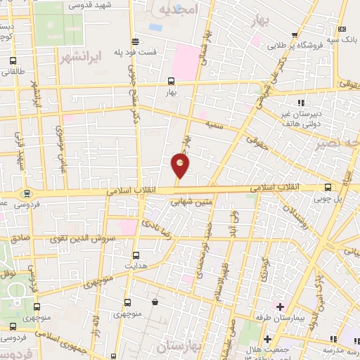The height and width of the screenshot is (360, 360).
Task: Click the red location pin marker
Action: pyautogui.click(x=181, y=165)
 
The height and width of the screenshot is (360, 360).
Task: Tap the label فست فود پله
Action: pyautogui.click(x=156, y=53)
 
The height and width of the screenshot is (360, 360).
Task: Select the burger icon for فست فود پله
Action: pyautogui.click(x=136, y=40)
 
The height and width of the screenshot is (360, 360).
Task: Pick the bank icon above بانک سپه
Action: pyautogui.click(x=342, y=29)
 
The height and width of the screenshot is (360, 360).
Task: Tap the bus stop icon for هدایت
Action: pyautogui.click(x=136, y=255)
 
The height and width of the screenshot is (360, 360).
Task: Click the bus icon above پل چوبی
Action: pyautogui.click(x=328, y=187)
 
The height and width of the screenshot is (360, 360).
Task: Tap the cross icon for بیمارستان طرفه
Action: pyautogui.click(x=280, y=307)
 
